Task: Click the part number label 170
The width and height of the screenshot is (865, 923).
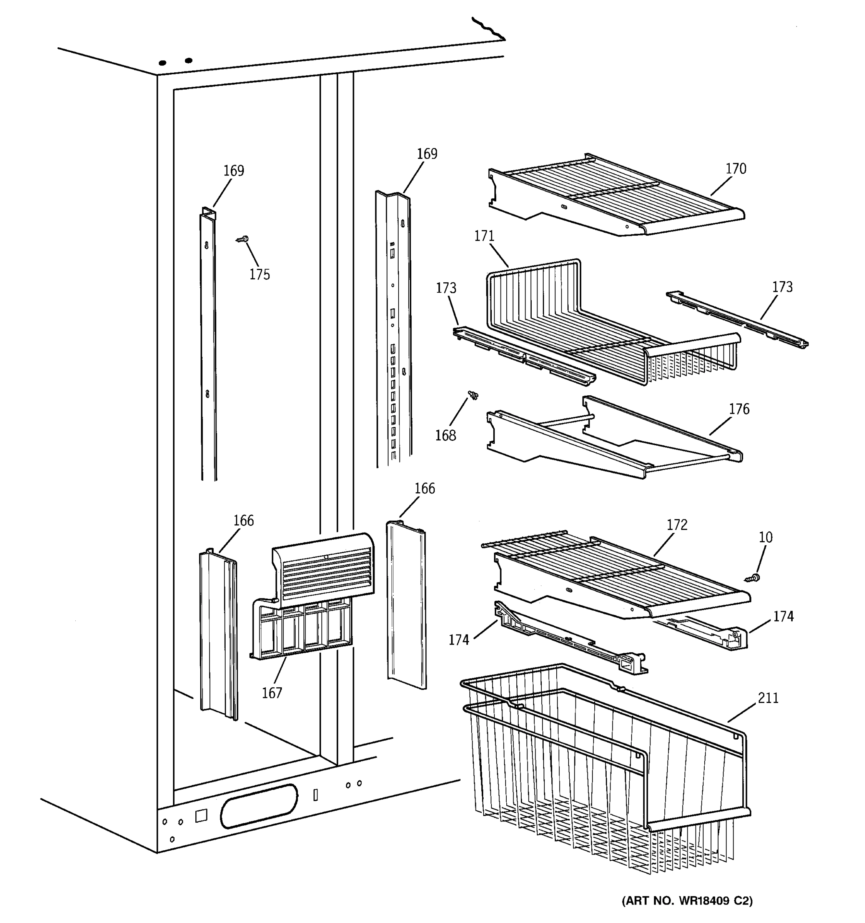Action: pos(735,168)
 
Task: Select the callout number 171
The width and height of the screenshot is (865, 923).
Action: pos(484,236)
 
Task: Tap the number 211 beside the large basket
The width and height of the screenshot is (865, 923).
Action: pos(768,698)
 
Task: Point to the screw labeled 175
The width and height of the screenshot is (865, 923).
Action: pos(242,239)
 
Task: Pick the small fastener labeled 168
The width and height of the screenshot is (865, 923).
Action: pos(473,395)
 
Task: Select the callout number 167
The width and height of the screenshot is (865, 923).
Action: pos(272,693)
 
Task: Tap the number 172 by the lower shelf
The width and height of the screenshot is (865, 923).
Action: pos(677,525)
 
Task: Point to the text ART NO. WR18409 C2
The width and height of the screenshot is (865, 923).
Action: pos(687,901)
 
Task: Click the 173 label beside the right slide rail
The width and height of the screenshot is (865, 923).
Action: pos(782,287)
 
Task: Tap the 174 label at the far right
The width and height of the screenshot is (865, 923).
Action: pos(783,616)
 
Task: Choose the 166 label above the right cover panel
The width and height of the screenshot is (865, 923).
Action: pos(424,488)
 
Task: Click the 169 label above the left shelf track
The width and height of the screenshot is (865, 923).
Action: pos(233,171)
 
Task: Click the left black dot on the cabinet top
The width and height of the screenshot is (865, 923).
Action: pos(162,63)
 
